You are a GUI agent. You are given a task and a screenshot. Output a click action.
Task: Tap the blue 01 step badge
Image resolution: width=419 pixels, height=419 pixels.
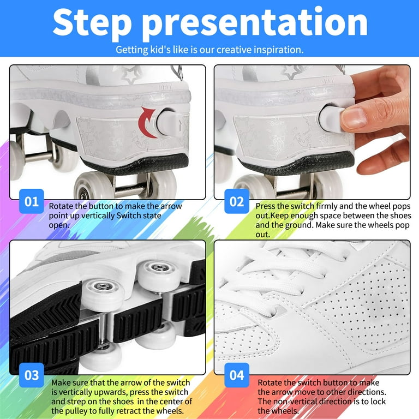[x=32, y=202]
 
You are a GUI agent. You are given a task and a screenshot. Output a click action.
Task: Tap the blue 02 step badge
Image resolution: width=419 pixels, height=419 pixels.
[x=236, y=202]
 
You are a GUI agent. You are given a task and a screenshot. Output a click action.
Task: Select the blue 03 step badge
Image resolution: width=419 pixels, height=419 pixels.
[x=32, y=375]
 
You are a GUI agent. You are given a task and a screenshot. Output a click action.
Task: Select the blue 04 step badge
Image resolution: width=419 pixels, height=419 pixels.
[x=236, y=375]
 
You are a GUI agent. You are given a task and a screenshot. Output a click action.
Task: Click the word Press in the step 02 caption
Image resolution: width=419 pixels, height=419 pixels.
[x=267, y=207]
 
